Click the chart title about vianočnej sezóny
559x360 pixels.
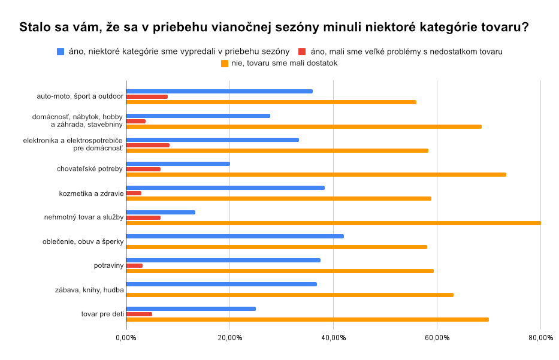(x=274, y=28)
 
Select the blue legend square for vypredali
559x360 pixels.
(x=60, y=52)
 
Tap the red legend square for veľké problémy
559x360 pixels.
(x=302, y=52)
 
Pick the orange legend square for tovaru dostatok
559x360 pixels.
(x=225, y=63)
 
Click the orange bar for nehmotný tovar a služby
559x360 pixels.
(x=333, y=223)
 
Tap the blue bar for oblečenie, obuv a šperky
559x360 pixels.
(x=235, y=236)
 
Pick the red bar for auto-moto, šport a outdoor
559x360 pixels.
(x=147, y=96)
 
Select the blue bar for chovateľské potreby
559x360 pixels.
(x=178, y=164)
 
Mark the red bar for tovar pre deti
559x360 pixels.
(x=139, y=314)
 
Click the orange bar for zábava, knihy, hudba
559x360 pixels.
(x=289, y=295)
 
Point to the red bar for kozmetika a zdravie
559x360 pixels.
(x=134, y=193)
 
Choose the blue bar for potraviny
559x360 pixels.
(x=223, y=260)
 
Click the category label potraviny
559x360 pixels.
(x=108, y=265)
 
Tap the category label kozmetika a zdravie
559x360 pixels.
(x=91, y=193)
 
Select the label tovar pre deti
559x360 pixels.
(x=102, y=314)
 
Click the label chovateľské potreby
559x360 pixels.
(x=90, y=169)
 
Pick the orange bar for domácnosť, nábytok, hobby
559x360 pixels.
(x=304, y=126)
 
